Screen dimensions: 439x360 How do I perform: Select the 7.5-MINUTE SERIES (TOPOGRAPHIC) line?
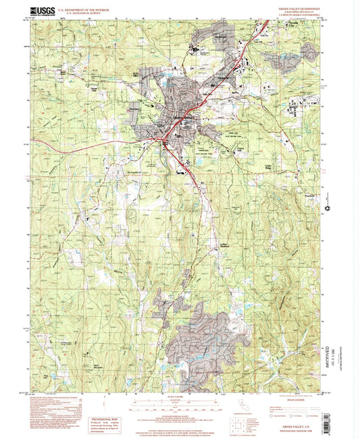click(x=292, y=15)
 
